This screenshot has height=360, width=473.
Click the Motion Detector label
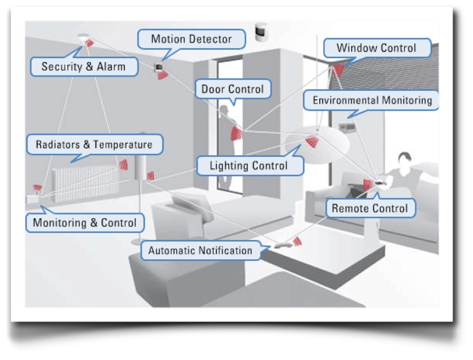click(191, 39)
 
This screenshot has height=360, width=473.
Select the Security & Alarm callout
click(83, 67)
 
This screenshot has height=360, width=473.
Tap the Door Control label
click(233, 89)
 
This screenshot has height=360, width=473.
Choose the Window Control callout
click(376, 48)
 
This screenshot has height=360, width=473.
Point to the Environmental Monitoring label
click(372, 100)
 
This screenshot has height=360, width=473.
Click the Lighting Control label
click(249, 166)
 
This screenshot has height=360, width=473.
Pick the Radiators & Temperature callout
click(94, 144)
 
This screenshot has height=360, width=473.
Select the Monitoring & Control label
click(85, 222)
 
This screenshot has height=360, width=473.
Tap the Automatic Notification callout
click(200, 250)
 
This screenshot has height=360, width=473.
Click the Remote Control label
click(370, 208)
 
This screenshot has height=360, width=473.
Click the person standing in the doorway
click(227, 142)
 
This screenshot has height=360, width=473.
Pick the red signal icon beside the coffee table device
click(297, 241)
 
